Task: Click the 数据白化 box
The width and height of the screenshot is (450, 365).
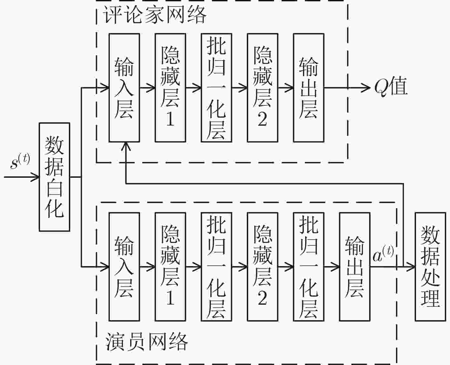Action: (x=54, y=177)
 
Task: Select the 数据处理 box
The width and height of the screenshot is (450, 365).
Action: (x=430, y=267)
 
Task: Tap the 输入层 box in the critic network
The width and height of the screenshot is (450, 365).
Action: (x=124, y=88)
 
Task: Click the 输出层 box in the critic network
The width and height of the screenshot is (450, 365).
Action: (x=309, y=88)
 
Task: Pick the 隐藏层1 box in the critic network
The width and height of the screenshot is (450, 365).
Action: (x=170, y=88)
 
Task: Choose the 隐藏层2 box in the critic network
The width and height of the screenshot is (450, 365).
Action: (x=263, y=88)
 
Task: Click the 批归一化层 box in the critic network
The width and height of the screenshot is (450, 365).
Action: (x=216, y=88)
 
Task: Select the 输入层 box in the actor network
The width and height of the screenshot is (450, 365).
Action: (x=124, y=267)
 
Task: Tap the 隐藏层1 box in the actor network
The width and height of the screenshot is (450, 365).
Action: (x=170, y=267)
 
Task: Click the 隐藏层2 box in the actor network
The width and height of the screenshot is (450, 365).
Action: (x=263, y=267)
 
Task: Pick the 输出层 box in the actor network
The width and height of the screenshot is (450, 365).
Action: (x=355, y=267)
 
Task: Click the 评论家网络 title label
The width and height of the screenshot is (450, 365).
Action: (x=155, y=15)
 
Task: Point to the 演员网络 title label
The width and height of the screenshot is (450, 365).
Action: (x=146, y=342)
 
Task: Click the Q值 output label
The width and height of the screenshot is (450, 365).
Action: (x=391, y=87)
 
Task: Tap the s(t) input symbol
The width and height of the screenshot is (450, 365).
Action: (x=20, y=162)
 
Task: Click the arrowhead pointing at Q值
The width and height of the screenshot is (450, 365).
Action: (x=366, y=88)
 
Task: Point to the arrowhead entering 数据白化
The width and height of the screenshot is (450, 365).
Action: (x=35, y=177)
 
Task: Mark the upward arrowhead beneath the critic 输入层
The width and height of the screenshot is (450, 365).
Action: (x=126, y=146)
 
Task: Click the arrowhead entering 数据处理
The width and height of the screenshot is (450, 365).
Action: (x=410, y=267)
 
